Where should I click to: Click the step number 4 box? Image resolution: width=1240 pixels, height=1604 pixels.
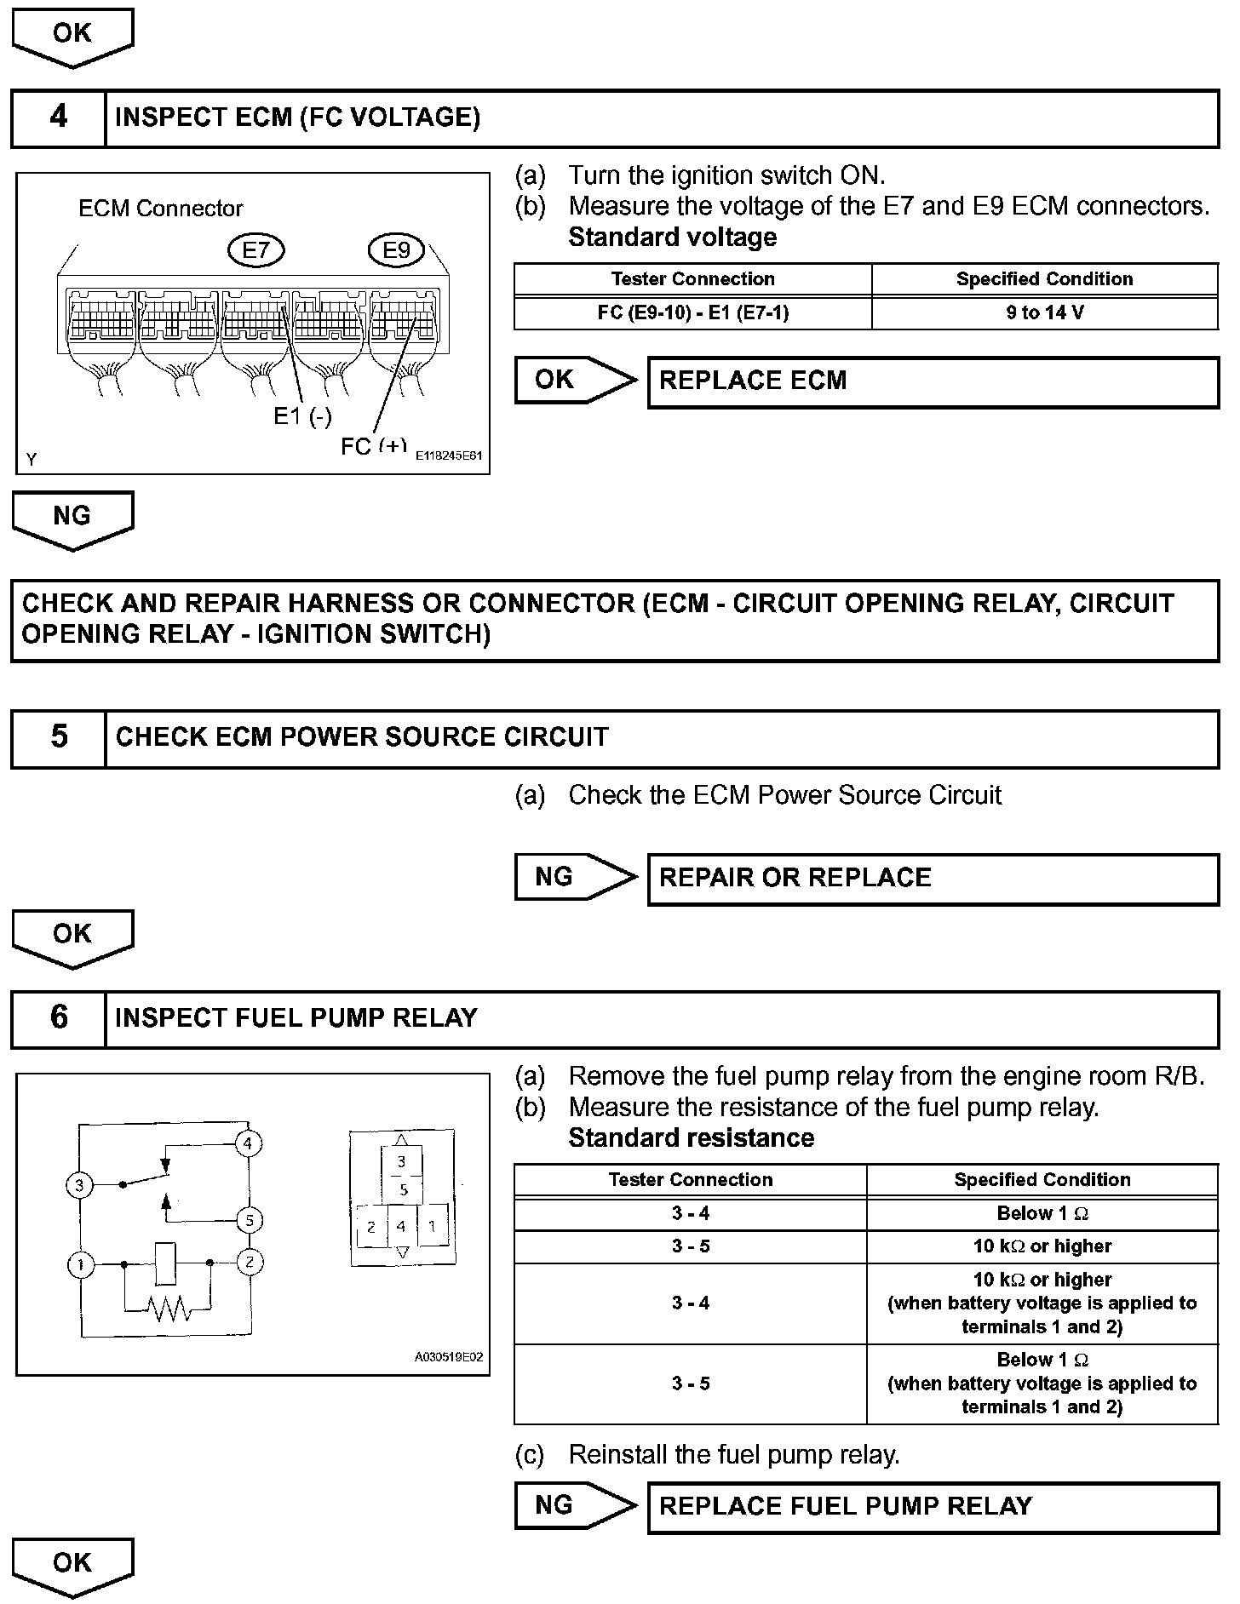58,117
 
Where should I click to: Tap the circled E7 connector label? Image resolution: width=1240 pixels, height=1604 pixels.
255,250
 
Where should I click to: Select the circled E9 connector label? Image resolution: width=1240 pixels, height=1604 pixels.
396,250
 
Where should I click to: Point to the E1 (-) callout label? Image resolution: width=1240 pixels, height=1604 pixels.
302,416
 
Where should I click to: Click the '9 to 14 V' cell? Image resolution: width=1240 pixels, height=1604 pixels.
1044,312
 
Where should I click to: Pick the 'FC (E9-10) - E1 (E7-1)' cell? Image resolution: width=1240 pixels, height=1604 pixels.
692,312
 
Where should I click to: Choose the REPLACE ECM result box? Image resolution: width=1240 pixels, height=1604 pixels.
933,381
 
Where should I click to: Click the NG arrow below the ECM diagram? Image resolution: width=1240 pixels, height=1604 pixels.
72,518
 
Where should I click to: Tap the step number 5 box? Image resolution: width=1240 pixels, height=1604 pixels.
58,737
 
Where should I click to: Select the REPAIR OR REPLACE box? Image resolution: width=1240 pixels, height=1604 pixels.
933,879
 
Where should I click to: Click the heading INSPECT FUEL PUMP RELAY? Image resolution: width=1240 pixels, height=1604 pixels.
296,1018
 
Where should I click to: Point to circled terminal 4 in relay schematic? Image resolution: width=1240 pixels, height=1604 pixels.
248,1143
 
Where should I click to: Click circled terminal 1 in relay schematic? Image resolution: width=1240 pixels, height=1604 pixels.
80,1264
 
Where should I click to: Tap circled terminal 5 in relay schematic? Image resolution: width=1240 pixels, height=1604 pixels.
249,1221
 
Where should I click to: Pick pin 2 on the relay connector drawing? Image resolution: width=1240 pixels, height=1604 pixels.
371,1228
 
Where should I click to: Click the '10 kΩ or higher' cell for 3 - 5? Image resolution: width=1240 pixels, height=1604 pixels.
1042,1246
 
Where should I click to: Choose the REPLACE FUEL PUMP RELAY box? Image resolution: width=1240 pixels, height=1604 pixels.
933,1507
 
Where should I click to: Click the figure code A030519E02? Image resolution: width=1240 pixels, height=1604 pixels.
449,1357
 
